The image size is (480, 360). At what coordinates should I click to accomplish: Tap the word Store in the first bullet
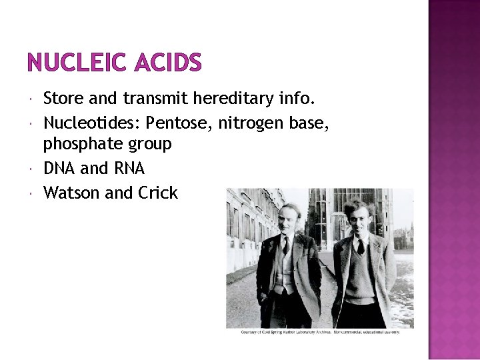pyautogui.click(x=63, y=99)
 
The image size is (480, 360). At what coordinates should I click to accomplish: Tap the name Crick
pyautogui.click(x=158, y=193)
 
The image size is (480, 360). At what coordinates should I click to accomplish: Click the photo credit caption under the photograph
pyautogui.click(x=320, y=332)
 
